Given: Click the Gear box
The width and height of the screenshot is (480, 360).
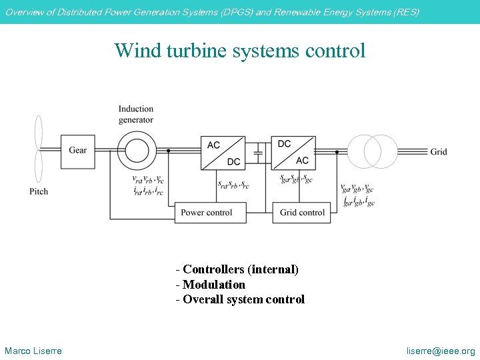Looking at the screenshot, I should [77, 151].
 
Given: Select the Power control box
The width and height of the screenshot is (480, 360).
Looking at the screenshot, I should [207, 213].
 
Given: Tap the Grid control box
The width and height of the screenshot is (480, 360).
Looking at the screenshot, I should [302, 213].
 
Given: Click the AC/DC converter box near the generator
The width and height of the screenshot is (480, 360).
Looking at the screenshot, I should [223, 153].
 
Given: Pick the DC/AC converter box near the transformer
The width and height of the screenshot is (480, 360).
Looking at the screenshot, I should [293, 153].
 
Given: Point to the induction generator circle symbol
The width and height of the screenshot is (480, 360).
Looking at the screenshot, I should [137, 150].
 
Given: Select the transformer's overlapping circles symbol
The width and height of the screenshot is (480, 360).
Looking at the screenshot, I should [372, 151].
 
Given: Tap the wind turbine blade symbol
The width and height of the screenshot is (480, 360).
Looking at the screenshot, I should [39, 150].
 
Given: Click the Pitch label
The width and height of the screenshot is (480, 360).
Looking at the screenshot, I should [39, 191].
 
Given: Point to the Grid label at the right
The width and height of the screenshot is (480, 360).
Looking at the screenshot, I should [439, 152].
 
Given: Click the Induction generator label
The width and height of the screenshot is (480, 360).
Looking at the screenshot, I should [136, 114].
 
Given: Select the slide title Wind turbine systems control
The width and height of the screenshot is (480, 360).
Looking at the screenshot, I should [240, 51].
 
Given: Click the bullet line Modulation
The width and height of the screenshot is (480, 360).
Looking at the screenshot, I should [211, 285].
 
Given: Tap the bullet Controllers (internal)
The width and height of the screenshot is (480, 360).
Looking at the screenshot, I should [237, 269].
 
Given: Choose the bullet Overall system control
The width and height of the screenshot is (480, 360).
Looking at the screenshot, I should [240, 299].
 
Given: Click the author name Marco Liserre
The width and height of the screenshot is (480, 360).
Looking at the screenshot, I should [33, 351].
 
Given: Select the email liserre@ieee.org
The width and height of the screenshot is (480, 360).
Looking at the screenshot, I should [441, 351].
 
